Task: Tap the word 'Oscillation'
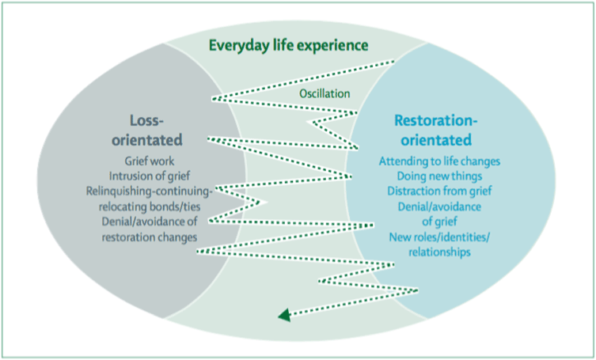pos(325,93)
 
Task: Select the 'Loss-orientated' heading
pos(156,131)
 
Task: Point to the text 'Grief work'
pos(156,162)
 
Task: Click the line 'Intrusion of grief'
pos(156,176)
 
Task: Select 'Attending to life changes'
pos(439,161)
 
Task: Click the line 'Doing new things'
pos(439,176)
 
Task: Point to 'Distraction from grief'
pos(439,191)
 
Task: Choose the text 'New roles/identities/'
pos(439,237)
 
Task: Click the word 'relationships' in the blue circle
pos(439,252)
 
